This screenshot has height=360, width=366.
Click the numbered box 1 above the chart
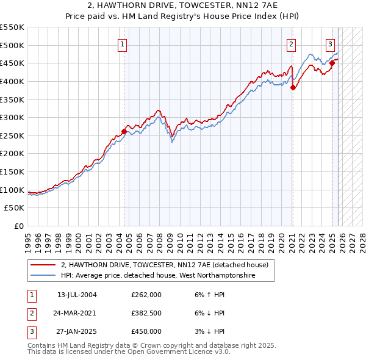tap(123, 44)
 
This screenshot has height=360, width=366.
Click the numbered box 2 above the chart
tap(292, 44)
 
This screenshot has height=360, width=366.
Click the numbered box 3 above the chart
tap(330, 44)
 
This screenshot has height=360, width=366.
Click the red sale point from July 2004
tap(124, 131)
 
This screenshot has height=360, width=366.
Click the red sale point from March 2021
tap(293, 87)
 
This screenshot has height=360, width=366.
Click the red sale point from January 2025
tap(332, 63)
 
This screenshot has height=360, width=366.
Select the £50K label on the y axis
tap(15, 208)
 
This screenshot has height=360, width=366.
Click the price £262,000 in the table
tap(146, 295)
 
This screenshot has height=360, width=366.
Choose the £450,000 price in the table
tap(146, 331)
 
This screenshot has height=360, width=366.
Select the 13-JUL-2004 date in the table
tap(77, 295)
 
